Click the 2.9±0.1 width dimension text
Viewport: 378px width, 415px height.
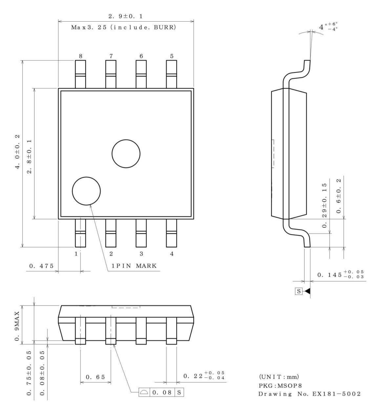(x=126, y=16)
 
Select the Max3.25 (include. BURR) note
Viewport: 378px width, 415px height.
(x=124, y=27)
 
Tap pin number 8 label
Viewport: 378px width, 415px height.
(x=80, y=56)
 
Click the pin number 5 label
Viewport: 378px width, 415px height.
(x=172, y=56)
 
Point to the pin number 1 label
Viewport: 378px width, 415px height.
(x=76, y=254)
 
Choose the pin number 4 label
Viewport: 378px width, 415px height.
(x=172, y=254)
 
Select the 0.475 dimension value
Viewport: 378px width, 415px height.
(x=41, y=266)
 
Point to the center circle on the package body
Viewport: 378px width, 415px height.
(x=126, y=154)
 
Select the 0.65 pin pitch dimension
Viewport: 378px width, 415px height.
(x=95, y=377)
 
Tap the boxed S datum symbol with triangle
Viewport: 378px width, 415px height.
(x=302, y=291)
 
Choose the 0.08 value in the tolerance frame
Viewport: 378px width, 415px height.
(x=162, y=392)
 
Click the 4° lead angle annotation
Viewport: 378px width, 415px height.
(x=328, y=27)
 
